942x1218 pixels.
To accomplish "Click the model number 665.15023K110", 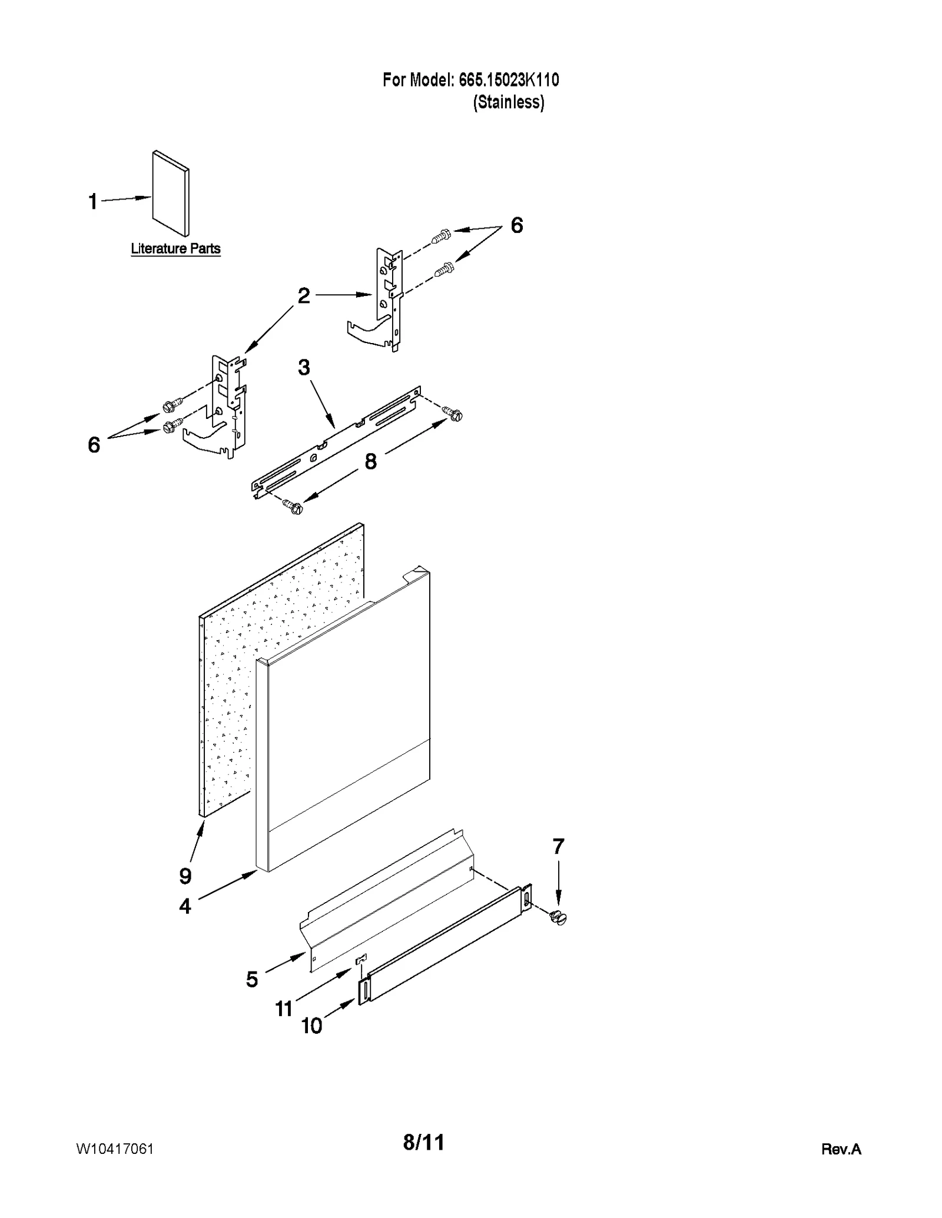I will [x=508, y=80].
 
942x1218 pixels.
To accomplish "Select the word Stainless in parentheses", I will [x=509, y=102].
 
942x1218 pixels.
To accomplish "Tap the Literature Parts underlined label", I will [x=175, y=249].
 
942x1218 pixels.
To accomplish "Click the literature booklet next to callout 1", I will [x=171, y=194].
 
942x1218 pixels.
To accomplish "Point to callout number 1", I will [x=92, y=202].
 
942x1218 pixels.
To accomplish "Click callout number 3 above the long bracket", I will [x=304, y=368].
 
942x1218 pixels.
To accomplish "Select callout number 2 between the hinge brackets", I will [x=304, y=295].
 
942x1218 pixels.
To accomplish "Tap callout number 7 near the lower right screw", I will [x=558, y=847].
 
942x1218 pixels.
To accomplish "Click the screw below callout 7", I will [x=556, y=917].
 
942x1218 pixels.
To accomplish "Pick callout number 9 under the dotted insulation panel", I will [x=185, y=876].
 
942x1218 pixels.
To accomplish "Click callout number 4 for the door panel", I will [x=185, y=906].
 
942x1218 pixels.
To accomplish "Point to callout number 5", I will [x=252, y=980].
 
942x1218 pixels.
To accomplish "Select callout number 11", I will [x=284, y=1009].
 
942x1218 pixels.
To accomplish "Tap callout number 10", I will [x=311, y=1026].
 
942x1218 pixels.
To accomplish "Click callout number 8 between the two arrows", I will [x=370, y=462].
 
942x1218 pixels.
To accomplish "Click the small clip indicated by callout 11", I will [x=361, y=960].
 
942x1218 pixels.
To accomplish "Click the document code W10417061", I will [x=115, y=1149].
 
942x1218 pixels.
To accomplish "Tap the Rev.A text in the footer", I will [x=841, y=1149].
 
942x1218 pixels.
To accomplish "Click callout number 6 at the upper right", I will [x=516, y=225].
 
